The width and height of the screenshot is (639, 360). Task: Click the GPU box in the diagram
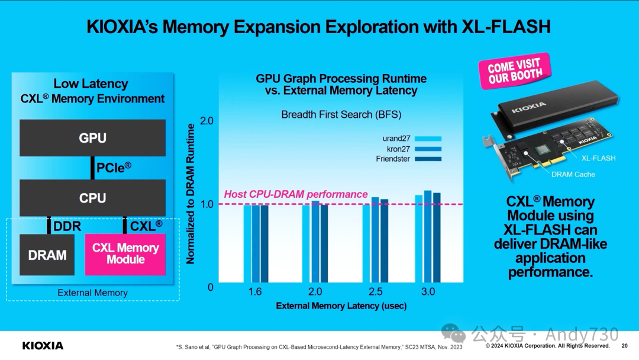(x=92, y=138)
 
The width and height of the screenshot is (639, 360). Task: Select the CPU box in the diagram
(x=92, y=198)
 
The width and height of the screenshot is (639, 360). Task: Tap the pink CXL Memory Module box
(x=125, y=254)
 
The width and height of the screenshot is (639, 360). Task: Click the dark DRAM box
(x=47, y=255)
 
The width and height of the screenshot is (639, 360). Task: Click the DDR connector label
(x=67, y=226)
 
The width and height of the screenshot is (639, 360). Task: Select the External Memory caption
(x=92, y=292)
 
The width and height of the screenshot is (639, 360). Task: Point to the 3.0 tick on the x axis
(x=428, y=292)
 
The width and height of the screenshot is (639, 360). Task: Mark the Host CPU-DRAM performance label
(x=296, y=194)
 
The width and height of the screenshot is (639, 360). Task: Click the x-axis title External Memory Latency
(x=341, y=306)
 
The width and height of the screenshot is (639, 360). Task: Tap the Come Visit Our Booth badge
(x=514, y=71)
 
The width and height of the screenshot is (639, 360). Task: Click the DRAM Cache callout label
(x=573, y=174)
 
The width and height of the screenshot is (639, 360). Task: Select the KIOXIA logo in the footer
(x=43, y=345)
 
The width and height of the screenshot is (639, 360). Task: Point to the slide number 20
(x=625, y=346)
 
